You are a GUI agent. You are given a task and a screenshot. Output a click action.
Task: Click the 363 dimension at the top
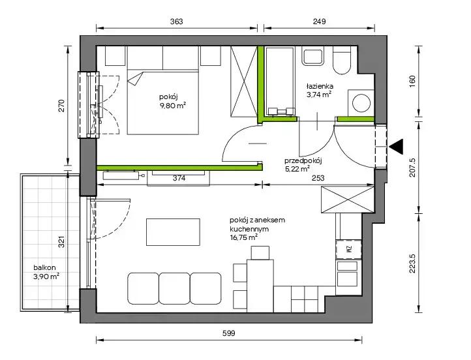click(x=176, y=22)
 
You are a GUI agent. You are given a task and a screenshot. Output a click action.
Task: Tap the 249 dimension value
click(x=319, y=22)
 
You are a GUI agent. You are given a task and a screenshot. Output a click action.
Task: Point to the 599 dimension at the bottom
click(x=228, y=333)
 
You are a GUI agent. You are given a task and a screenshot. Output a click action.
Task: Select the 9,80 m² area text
click(x=173, y=106)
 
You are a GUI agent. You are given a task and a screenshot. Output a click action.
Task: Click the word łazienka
click(x=320, y=86)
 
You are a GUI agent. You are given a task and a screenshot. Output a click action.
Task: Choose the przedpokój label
click(x=303, y=160)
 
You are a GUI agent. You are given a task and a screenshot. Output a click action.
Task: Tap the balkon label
click(x=44, y=267)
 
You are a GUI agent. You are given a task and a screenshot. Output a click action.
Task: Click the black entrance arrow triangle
click(x=396, y=147)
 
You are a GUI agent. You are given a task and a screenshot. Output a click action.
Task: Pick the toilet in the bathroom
click(x=342, y=61)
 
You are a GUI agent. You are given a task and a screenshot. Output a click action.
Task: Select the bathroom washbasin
click(x=313, y=57)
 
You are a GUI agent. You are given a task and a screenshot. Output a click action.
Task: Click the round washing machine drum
click(x=361, y=103)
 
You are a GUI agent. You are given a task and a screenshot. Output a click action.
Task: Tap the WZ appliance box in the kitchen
click(x=348, y=249)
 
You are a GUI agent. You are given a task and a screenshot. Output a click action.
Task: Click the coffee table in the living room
click(x=173, y=232)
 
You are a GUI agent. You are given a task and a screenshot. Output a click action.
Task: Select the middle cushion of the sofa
click(x=174, y=288)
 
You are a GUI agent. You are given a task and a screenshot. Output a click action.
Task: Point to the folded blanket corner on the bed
click(x=135, y=79)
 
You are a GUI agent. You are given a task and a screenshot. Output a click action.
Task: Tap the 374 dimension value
click(x=179, y=178)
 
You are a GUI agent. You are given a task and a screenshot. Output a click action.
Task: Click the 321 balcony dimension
click(x=61, y=242)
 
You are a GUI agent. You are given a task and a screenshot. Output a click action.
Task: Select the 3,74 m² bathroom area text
click(x=319, y=95)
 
